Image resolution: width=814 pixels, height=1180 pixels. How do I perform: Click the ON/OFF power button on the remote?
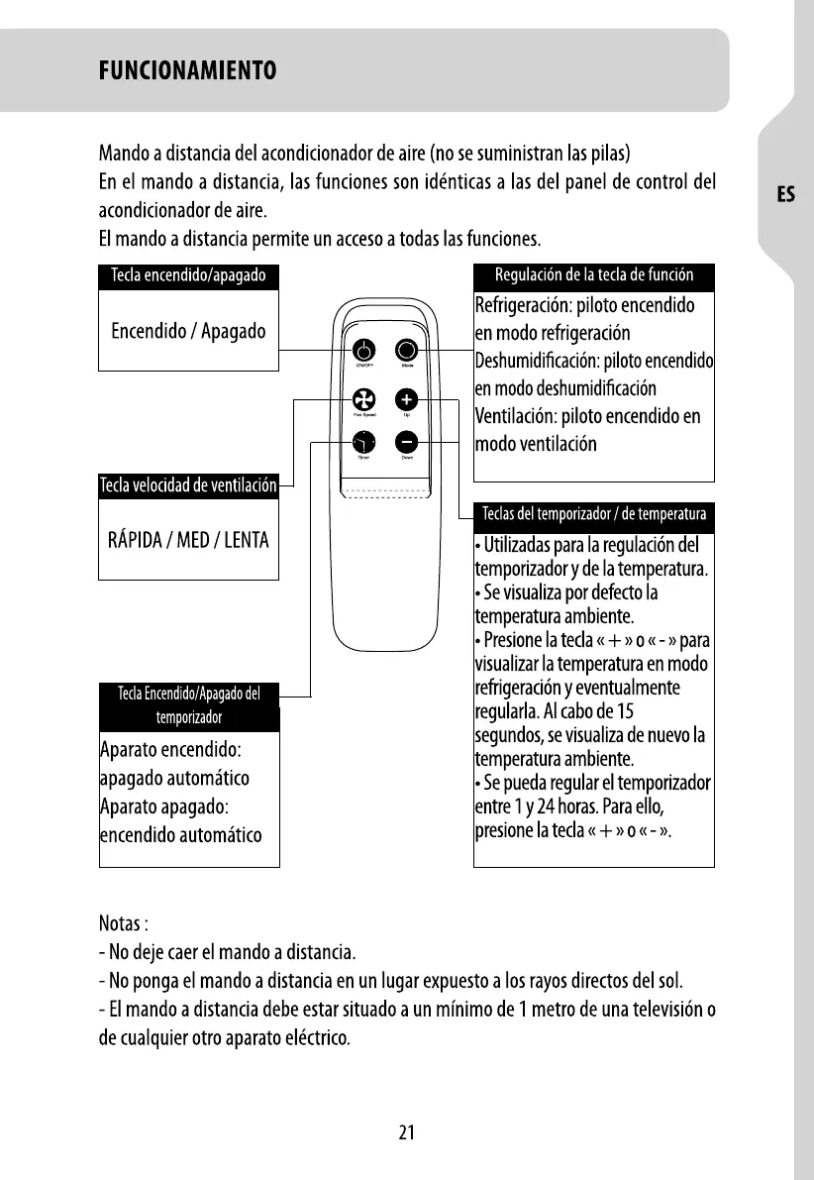click(363, 351)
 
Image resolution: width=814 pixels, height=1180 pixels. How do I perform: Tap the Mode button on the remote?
click(407, 351)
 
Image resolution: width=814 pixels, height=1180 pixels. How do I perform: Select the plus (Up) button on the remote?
click(407, 399)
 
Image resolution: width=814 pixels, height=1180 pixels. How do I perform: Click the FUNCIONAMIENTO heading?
click(187, 71)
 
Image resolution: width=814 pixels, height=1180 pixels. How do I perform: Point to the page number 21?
click(406, 1133)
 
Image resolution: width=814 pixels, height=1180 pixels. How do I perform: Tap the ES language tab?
click(785, 195)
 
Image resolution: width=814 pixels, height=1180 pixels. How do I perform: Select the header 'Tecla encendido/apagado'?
click(188, 275)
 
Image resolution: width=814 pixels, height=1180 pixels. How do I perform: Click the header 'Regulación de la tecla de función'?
click(594, 275)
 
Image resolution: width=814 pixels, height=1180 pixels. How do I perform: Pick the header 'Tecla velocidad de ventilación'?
click(188, 485)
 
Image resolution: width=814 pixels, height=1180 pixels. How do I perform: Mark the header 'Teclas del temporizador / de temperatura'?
click(594, 514)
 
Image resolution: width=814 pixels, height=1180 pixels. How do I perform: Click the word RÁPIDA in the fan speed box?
click(137, 541)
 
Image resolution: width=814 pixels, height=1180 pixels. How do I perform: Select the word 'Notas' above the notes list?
click(120, 924)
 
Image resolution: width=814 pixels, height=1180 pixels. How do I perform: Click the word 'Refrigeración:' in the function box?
click(525, 304)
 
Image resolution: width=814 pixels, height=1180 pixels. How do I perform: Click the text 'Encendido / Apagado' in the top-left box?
click(188, 331)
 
